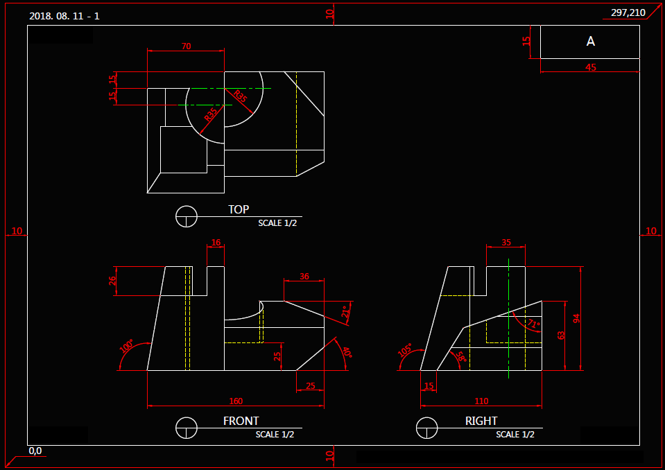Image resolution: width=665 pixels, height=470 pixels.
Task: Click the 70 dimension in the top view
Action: pos(186,46)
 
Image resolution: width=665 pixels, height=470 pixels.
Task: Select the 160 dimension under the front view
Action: pos(236,401)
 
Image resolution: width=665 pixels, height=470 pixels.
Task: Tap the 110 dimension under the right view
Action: pos(481,401)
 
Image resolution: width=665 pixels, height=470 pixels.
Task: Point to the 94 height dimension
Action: pos(576,318)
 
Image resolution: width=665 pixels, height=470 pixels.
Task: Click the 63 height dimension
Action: pos(561,336)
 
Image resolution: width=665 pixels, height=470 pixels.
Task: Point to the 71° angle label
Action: pos(533,324)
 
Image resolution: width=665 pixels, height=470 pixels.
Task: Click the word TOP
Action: pos(239,209)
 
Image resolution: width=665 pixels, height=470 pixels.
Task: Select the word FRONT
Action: pos(241,421)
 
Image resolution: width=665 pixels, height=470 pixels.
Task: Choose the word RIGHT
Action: pos(481,421)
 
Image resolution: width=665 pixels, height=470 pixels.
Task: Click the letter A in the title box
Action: pos(591,42)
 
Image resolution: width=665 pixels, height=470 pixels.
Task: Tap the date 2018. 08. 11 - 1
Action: pos(64,15)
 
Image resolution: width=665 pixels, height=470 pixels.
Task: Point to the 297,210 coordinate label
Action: pos(628,12)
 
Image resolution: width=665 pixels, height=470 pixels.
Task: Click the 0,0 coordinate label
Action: pos(35,451)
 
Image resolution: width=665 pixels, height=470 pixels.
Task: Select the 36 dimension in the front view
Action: pos(304,276)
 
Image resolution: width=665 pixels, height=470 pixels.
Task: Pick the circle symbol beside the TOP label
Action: pos(187,216)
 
